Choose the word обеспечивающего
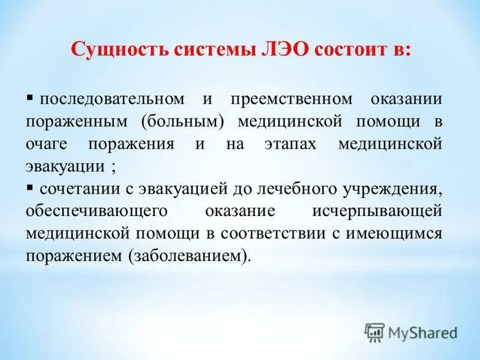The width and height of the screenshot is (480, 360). (x=91, y=212)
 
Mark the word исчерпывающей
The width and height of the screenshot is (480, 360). (x=377, y=212)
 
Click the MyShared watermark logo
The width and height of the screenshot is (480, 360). (x=411, y=332)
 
